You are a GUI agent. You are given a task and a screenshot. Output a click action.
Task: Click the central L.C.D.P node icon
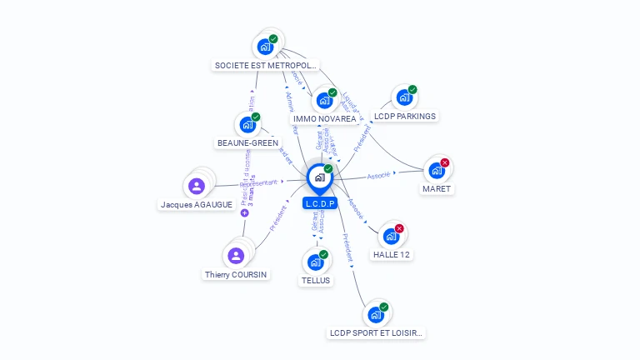click(x=319, y=177)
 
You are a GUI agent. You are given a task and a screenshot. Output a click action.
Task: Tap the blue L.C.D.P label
click(x=320, y=203)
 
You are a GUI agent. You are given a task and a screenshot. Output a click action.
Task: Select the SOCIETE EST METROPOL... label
click(x=266, y=65)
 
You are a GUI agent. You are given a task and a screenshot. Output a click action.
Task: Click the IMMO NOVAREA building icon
click(x=324, y=101)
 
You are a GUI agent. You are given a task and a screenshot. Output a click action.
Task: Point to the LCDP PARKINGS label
click(x=405, y=117)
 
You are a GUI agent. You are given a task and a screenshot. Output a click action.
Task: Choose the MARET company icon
click(x=436, y=171)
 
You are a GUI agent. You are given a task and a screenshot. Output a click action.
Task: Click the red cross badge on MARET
click(x=445, y=162)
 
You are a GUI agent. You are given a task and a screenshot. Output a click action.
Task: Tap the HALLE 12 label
click(x=391, y=255)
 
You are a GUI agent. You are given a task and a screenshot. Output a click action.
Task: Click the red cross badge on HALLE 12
click(x=399, y=228)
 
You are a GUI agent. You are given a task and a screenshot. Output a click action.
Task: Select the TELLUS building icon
click(x=315, y=262)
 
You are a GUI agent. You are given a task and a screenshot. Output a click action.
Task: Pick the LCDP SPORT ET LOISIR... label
click(x=377, y=333)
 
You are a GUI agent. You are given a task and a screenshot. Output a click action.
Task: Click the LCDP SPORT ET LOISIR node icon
click(x=376, y=315)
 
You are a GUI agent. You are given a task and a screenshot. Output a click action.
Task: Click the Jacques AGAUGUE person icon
click(x=197, y=186)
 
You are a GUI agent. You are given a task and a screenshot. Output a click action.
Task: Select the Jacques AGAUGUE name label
click(x=197, y=205)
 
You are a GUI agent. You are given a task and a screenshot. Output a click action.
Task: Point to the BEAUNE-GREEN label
click(x=247, y=143)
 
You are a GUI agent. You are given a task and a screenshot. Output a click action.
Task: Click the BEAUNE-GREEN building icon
click(x=247, y=125)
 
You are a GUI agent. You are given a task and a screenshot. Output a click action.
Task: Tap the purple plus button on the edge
click(x=245, y=213)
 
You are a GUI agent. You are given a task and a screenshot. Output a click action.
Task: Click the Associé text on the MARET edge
click(x=379, y=176)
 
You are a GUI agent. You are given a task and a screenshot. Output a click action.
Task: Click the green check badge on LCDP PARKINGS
click(x=412, y=90)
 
